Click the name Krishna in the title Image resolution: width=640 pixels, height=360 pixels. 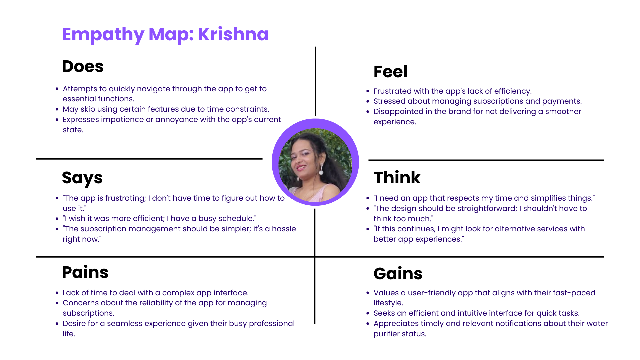coord(233,34)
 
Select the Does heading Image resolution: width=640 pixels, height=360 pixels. coord(83,66)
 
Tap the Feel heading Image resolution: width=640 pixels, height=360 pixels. coord(390,72)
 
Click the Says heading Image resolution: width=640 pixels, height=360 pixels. coord(82,178)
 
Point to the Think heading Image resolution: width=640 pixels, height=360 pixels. coord(397,177)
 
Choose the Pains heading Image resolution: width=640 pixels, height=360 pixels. coord(85,272)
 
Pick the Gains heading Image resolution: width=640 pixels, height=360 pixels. coord(398,274)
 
